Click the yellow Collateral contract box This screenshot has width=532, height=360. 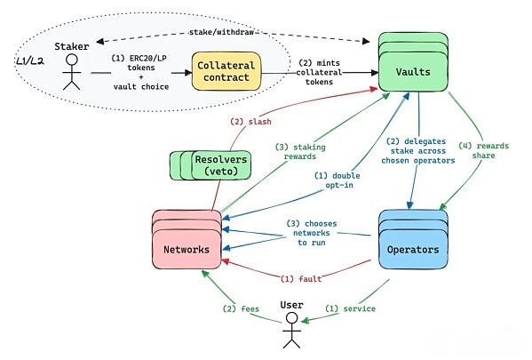click(226, 71)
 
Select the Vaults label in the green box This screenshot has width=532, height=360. click(413, 72)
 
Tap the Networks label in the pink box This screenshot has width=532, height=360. click(187, 250)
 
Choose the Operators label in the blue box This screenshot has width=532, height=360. click(413, 250)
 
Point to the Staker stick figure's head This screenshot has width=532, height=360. click(72, 60)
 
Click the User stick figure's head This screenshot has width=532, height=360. click(292, 318)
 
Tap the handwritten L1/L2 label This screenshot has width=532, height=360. click(30, 61)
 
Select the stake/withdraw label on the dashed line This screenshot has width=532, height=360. click(221, 32)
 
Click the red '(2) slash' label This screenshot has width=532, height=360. click(250, 122)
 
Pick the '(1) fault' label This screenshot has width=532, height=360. click(301, 279)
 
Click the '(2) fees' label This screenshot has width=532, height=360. click(241, 309)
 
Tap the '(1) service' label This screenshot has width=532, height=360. click(350, 308)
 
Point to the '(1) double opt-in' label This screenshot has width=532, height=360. click(337, 180)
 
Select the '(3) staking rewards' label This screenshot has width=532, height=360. click(300, 152)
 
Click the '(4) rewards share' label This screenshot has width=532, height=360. click(483, 151)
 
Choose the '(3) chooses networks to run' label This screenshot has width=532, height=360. click(312, 233)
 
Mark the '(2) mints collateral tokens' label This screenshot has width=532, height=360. click(319, 72)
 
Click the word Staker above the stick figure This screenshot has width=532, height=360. click(72, 46)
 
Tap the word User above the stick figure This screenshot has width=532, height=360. click(291, 305)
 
